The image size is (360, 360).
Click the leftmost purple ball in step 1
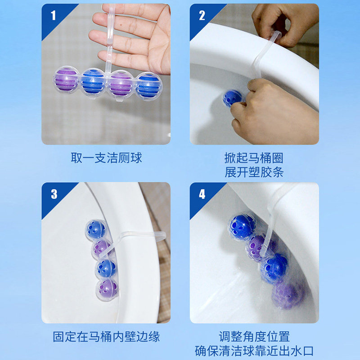coord(66,79)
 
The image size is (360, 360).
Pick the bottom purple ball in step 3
coord(107,289)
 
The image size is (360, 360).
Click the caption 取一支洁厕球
coord(106,158)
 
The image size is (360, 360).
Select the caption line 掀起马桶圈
coord(254,158)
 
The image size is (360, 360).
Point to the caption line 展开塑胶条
coord(254,172)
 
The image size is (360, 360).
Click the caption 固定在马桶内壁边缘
coord(106,337)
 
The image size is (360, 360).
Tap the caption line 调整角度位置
coord(254,337)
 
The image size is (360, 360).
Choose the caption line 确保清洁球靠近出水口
coord(254,351)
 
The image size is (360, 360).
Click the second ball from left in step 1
coord(94,82)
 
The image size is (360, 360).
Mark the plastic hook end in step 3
coord(162,235)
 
